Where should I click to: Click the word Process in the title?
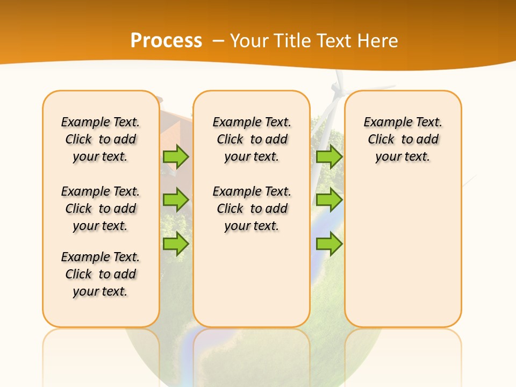point(166,40)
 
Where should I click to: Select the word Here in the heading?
point(378,41)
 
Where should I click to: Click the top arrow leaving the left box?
point(175,156)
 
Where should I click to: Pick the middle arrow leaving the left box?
point(175,199)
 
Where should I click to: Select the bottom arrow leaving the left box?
point(175,243)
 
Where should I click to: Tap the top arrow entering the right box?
point(329,156)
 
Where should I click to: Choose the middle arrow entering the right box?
point(329,199)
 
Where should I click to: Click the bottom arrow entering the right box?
point(329,243)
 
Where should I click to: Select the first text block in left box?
point(101,139)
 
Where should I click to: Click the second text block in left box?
point(101,209)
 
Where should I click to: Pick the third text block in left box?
point(101,274)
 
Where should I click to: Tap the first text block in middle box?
point(252,139)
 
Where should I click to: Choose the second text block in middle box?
point(252,209)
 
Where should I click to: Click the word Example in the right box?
point(383,122)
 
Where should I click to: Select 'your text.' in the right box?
point(403,156)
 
